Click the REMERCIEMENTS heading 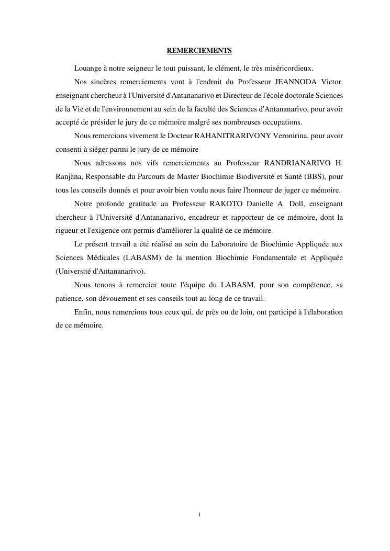point(199,51)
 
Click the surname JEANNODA point(296,82)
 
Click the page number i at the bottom point(199,514)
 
